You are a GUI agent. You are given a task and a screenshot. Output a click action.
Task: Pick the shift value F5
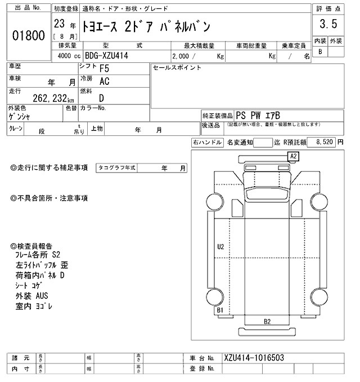click(105, 69)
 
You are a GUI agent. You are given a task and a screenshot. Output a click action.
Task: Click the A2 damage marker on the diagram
click(293, 156)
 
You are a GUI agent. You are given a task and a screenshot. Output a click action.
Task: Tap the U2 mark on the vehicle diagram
click(220, 246)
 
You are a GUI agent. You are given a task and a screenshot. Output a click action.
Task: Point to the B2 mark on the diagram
click(268, 321)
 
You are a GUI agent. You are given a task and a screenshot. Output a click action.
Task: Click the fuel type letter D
click(101, 98)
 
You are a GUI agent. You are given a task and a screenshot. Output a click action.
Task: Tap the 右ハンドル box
click(207, 143)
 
